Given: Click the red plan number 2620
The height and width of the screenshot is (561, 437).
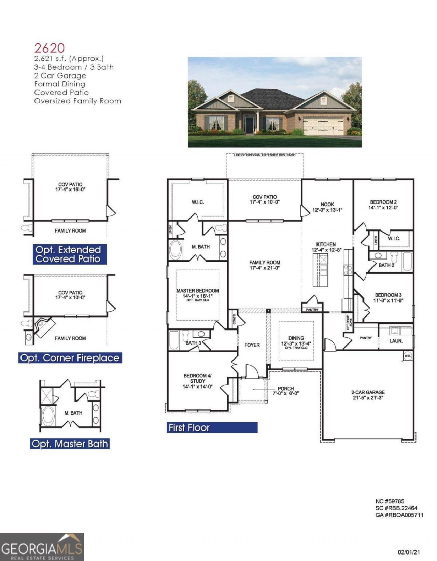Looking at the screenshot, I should (50, 48).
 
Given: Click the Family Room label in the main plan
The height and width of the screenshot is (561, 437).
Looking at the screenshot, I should (265, 262).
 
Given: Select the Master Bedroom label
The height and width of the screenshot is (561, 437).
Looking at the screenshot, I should (197, 291).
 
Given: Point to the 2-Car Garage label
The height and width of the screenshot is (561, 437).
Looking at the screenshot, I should (368, 392).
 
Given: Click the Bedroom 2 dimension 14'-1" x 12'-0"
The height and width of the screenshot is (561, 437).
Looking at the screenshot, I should (383, 208).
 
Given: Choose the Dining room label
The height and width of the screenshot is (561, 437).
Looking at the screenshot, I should (296, 338).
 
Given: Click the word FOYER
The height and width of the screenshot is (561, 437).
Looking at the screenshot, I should (252, 345).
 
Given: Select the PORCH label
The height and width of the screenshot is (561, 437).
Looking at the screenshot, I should (286, 388).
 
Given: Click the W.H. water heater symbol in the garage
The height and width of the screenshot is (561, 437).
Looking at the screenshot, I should (408, 356).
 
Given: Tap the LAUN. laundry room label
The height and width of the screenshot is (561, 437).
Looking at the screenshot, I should (396, 341).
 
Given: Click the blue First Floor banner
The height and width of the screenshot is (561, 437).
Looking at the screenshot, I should (212, 427).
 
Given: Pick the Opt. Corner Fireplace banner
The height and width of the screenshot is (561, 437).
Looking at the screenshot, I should (70, 358).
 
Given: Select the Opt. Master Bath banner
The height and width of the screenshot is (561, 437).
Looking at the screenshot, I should (70, 444).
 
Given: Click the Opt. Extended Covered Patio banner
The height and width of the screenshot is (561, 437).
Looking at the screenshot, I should (70, 254).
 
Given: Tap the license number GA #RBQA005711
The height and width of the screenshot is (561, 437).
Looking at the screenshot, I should (399, 515).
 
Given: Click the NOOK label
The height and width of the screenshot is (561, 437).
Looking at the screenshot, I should (327, 204).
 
